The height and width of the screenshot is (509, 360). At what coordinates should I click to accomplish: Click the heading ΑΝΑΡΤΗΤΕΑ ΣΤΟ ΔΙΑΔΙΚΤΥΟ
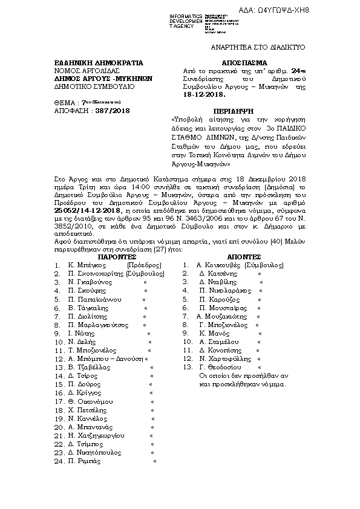point(258,47)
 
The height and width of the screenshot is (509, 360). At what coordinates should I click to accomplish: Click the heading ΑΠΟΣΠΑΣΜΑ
point(231,62)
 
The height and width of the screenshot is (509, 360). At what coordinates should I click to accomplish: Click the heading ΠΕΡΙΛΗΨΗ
point(231,111)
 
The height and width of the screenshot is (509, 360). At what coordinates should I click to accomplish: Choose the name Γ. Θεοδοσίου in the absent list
point(220,367)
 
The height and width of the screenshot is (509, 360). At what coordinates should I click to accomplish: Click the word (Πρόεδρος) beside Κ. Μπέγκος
point(143,265)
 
